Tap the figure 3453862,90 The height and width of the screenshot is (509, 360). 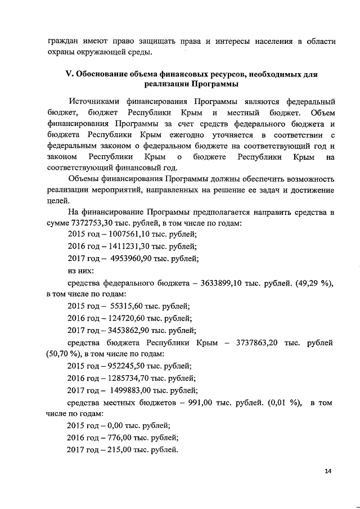pos(132,331)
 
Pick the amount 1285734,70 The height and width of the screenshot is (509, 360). pos(132,379)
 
